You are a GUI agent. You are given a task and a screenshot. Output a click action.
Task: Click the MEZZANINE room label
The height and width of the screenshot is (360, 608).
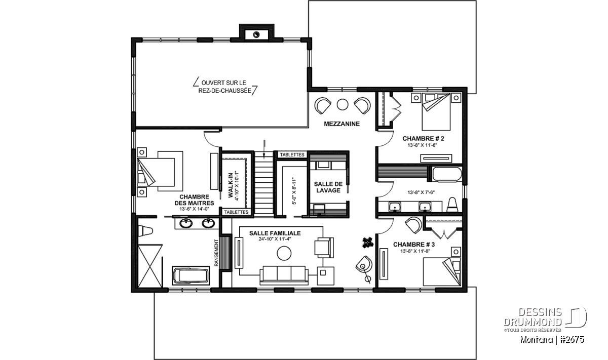tap(341, 124)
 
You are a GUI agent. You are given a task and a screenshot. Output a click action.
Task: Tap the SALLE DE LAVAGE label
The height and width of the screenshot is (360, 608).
tap(328, 187)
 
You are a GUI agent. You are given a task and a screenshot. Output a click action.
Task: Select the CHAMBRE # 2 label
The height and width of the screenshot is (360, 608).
tap(423, 139)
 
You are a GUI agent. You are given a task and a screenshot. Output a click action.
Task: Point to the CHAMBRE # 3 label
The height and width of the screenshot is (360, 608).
tap(414, 245)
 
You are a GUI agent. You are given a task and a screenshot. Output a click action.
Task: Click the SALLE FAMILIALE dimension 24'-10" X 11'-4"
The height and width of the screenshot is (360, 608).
tap(275, 239)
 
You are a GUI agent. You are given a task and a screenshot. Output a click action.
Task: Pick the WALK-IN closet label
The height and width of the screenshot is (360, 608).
tap(231, 185)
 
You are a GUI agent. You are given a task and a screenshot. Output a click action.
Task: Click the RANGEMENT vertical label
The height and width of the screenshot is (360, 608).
tap(216, 253)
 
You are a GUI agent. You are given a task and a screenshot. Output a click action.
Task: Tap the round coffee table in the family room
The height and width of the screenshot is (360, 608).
tap(284, 253)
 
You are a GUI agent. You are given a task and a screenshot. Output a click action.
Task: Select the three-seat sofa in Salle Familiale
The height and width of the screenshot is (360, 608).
tap(284, 275)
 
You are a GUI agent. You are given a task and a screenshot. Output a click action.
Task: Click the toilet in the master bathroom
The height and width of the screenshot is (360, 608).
tap(145, 231)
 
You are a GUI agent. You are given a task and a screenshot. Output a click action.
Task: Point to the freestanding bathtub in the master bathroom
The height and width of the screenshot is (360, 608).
tap(191, 275)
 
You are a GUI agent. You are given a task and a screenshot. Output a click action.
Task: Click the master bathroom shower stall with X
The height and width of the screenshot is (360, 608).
tap(150, 266)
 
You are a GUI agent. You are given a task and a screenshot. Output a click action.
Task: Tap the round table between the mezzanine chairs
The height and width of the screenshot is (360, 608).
tap(343, 104)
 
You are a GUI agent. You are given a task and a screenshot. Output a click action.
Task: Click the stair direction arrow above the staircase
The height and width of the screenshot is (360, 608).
tap(264, 149)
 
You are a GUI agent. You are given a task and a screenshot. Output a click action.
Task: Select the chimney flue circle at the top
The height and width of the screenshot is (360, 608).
tap(256, 35)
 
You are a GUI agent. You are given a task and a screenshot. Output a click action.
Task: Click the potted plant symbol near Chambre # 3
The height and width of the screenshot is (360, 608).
tap(367, 242)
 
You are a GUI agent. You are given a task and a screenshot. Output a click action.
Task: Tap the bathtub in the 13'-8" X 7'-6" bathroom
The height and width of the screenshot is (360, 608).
tap(447, 174)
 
